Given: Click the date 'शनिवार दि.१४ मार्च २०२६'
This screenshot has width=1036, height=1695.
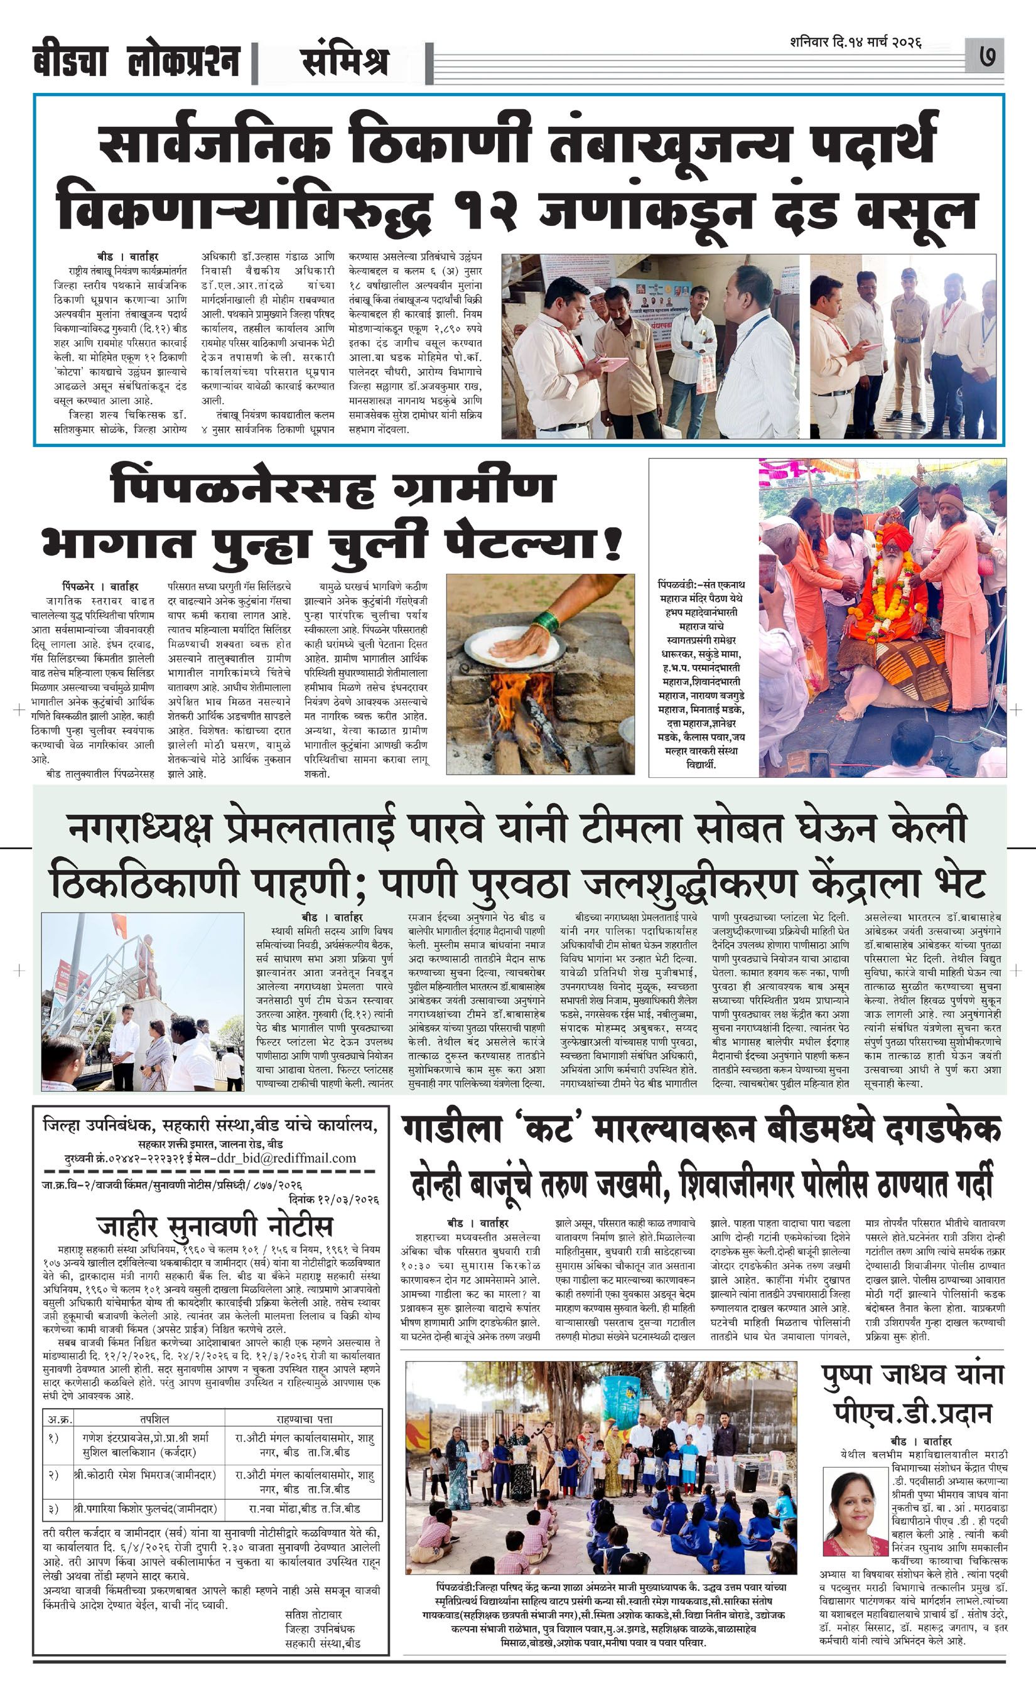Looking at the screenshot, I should click(856, 42).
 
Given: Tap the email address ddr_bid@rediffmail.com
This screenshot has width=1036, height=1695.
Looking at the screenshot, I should click(286, 1158).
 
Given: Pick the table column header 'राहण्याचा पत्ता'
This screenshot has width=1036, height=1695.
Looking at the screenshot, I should click(303, 1419).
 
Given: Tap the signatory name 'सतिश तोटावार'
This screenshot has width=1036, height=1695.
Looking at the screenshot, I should click(313, 1614).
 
